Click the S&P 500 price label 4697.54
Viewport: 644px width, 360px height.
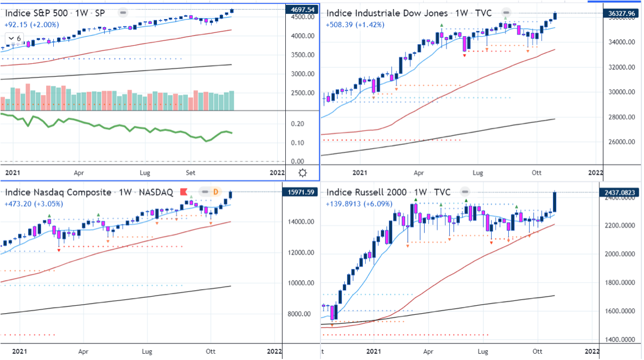pyautogui.click(x=302, y=10)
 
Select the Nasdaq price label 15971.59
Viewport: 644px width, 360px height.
pyautogui.click(x=302, y=192)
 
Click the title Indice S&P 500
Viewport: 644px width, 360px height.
pyautogui.click(x=36, y=12)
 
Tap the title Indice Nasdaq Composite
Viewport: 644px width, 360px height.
pyautogui.click(x=58, y=192)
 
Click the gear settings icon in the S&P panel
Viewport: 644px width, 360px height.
pyautogui.click(x=302, y=173)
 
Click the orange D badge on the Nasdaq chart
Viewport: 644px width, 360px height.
pyautogui.click(x=216, y=192)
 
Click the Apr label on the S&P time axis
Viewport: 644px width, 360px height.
pyautogui.click(x=79, y=173)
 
